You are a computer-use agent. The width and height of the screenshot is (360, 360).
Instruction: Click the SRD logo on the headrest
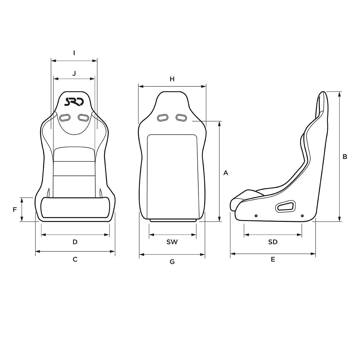click(74, 102)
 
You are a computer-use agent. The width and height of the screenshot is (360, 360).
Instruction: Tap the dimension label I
click(74, 53)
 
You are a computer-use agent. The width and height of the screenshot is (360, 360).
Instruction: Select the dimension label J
click(74, 73)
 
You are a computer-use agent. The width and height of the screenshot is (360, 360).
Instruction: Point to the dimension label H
click(172, 79)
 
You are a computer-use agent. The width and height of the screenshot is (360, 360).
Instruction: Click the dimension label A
click(226, 173)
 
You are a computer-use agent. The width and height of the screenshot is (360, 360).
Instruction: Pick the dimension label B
click(345, 156)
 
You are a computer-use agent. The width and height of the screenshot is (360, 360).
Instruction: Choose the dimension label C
click(75, 259)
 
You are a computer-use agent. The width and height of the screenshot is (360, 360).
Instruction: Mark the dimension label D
click(75, 242)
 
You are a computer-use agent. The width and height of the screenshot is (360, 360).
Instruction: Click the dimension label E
click(273, 259)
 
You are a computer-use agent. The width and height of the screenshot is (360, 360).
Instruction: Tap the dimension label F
click(15, 210)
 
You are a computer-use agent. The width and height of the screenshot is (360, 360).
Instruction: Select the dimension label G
click(172, 262)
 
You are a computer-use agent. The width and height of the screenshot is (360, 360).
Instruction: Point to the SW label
click(172, 242)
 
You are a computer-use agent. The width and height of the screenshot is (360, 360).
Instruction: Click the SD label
click(273, 242)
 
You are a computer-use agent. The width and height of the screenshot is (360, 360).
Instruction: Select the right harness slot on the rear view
click(181, 117)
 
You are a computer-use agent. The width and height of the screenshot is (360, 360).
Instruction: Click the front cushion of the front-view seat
click(75, 207)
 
